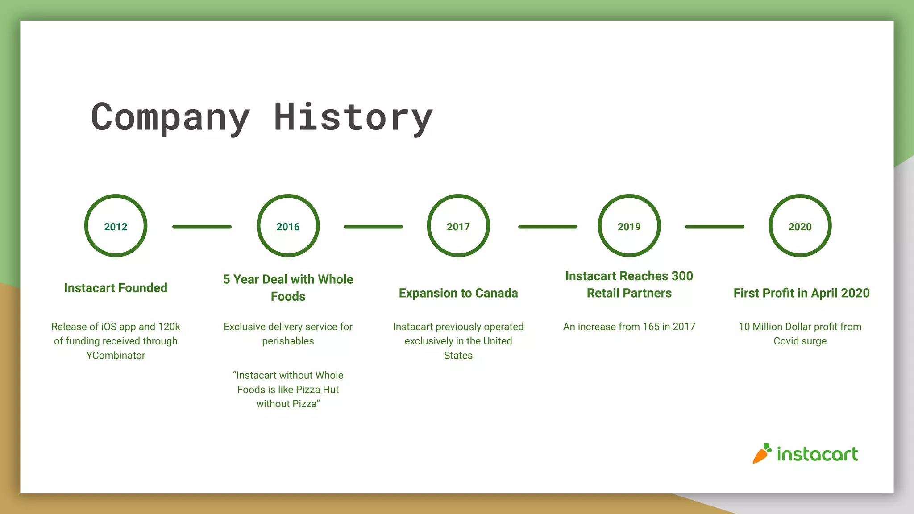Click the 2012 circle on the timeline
[x=116, y=226]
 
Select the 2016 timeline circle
[x=288, y=226]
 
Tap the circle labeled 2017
[x=458, y=226]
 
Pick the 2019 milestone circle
[x=629, y=226]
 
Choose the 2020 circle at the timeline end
[x=800, y=226]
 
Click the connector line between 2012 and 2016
[x=202, y=227]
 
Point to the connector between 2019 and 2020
[x=715, y=227]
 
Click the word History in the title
[x=353, y=117]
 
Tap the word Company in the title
[x=170, y=117]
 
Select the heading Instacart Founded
[x=116, y=288]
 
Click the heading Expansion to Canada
[x=458, y=293]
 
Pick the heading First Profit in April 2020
[x=802, y=293]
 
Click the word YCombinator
[x=116, y=356]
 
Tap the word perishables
[x=288, y=341]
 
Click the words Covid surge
[x=800, y=341]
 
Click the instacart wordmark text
[x=817, y=454]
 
